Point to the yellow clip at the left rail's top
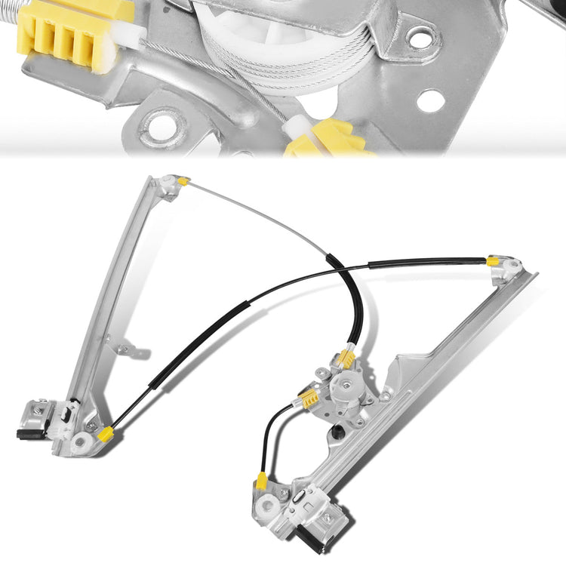click(183, 181)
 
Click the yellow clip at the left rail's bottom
click(105, 433)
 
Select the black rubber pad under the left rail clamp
click(28, 434)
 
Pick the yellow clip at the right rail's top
click(493, 262)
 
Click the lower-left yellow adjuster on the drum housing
click(309, 398)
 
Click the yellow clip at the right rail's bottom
click(261, 481)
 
